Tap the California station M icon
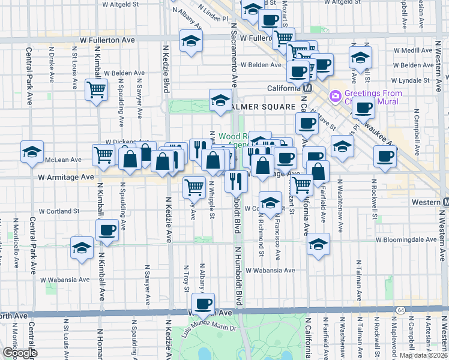pos(307,88)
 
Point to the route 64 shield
pos(400,310)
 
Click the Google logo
pos(19,353)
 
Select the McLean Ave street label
pos(63,160)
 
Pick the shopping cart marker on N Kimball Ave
pos(96,91)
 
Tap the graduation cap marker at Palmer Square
pos(220,100)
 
